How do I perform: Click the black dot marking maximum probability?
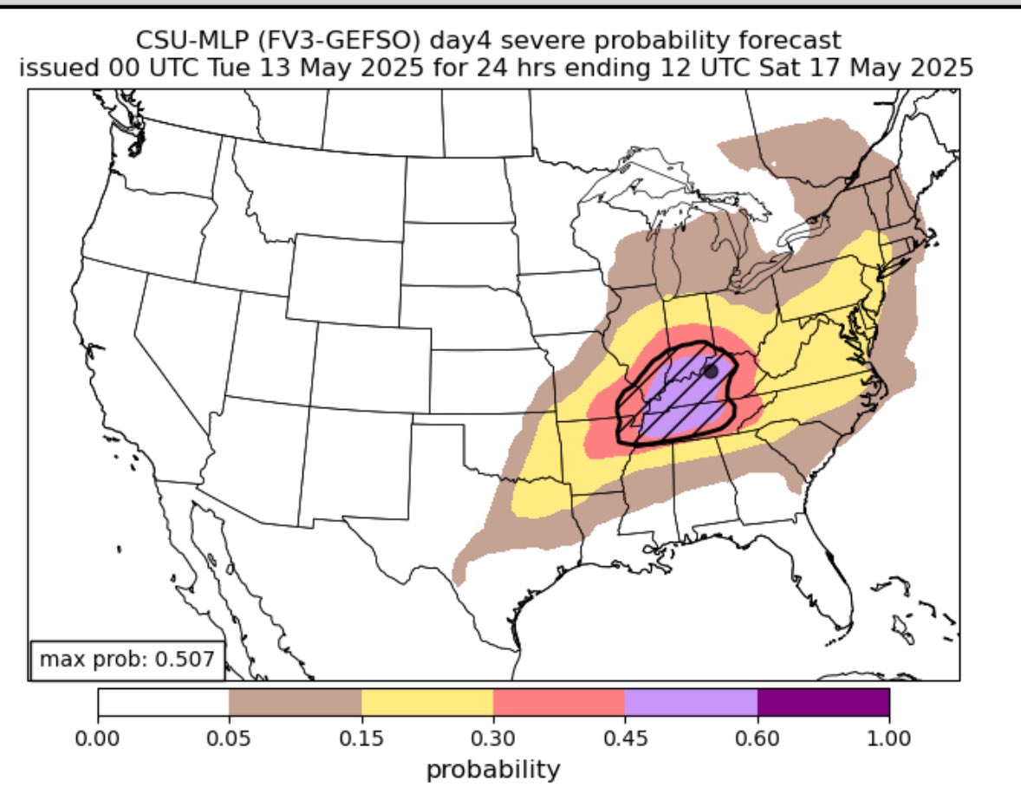pos(711,371)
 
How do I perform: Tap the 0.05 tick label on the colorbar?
pos(229,739)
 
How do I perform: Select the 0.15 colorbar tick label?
pos(361,739)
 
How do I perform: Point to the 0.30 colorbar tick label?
pos(492,739)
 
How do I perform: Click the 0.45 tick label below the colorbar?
pos(625,739)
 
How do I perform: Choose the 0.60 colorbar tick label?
pos(757,739)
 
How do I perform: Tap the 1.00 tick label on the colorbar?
pos(889,739)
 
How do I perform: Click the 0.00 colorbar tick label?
pos(98,739)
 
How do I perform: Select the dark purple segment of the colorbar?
pos(823,703)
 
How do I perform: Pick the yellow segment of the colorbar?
pos(426,703)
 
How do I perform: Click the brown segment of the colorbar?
pos(295,703)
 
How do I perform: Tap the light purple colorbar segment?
pos(691,703)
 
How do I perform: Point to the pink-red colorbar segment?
pos(559,703)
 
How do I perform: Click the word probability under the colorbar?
pos(493,768)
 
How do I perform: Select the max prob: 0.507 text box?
pos(127,659)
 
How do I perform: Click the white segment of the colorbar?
pos(163,703)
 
